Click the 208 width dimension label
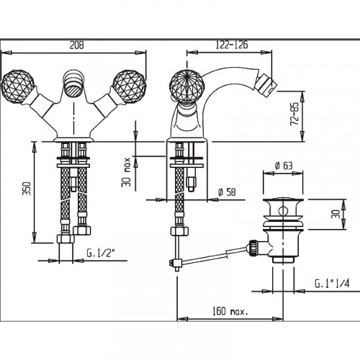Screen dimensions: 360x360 click(x=77, y=45)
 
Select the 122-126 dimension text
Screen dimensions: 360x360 click(x=232, y=45)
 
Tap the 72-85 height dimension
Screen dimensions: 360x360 click(x=295, y=114)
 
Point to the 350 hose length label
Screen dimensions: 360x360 click(x=27, y=189)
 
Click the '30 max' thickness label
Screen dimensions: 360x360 click(x=126, y=172)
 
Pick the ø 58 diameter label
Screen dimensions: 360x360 click(x=227, y=192)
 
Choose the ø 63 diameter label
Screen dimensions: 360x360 click(x=284, y=166)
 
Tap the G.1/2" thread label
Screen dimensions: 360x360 click(x=101, y=253)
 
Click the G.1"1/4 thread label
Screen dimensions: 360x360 click(x=332, y=284)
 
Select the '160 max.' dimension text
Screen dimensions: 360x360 click(x=230, y=311)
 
